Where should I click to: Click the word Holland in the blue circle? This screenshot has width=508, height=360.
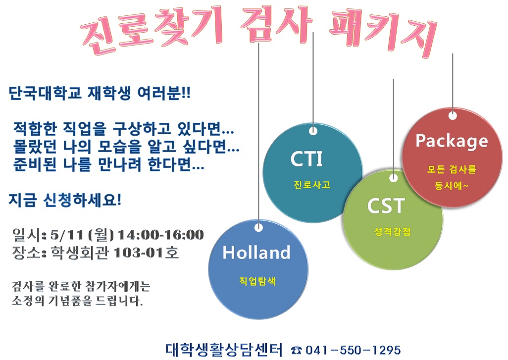pyautogui.click(x=256, y=253)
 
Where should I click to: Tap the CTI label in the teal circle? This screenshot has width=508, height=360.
pyautogui.click(x=306, y=159)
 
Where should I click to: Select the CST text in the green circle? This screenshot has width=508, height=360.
pyautogui.click(x=386, y=206)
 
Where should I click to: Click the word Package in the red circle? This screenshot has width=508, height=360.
pyautogui.click(x=452, y=141)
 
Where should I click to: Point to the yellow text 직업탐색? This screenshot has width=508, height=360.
pyautogui.click(x=257, y=281)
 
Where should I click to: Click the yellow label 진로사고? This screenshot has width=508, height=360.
pyautogui.click(x=311, y=185)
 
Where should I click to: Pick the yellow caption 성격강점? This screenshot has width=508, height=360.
pyautogui.click(x=392, y=232)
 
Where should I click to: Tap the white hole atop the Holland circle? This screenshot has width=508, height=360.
pyautogui.click(x=258, y=227)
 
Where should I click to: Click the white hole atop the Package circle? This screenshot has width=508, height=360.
pyautogui.click(x=453, y=115)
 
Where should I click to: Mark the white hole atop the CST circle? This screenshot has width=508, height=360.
pyautogui.click(x=393, y=178)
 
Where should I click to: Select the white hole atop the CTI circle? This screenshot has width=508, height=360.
pyautogui.click(x=313, y=131)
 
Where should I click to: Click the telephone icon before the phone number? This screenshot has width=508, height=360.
pyautogui.click(x=296, y=350)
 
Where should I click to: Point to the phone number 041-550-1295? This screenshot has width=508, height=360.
pyautogui.click(x=353, y=350)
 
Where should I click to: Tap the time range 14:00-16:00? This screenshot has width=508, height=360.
pyautogui.click(x=161, y=235)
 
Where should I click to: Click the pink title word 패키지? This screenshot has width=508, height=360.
pyautogui.click(x=382, y=32)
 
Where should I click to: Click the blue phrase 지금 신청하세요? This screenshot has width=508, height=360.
pyautogui.click(x=65, y=200)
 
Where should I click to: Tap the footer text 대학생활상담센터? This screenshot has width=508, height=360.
pyautogui.click(x=224, y=350)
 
